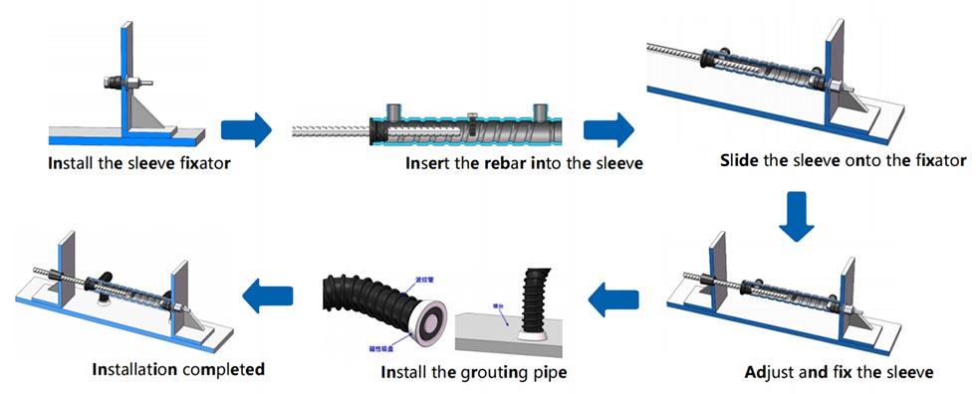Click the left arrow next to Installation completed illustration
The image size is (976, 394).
coord(268,294)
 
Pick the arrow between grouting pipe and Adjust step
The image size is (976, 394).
coord(615,295)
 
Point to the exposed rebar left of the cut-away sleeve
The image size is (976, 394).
coord(329,130)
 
